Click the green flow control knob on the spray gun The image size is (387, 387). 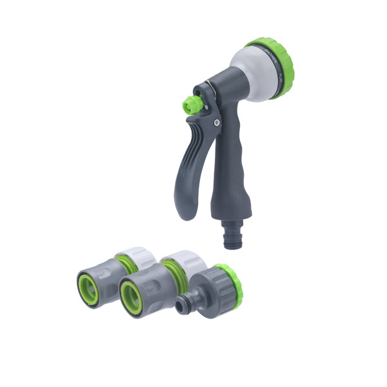(x=191, y=105)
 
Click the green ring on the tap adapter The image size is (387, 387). (x=229, y=284)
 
